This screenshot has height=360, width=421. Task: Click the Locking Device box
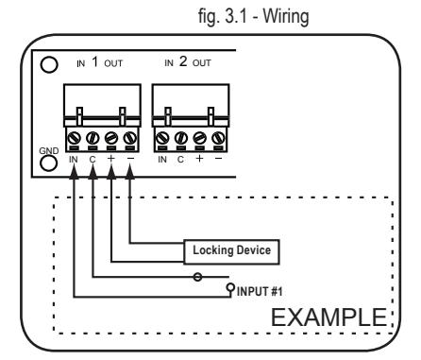[231, 252]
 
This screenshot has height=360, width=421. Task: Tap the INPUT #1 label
[260, 291]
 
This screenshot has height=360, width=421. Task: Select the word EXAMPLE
[328, 317]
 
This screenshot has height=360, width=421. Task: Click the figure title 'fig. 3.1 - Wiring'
[254, 16]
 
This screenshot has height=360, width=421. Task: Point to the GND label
[49, 151]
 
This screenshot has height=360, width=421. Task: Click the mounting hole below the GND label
[49, 163]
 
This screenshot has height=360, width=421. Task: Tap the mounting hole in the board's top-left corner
[49, 64]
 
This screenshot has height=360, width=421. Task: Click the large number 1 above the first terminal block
[94, 61]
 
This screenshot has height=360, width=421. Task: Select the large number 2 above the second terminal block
[183, 61]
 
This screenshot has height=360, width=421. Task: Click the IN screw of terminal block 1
[75, 138]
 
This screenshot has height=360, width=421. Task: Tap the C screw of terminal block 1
[93, 138]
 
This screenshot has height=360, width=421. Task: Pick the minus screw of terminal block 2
[218, 138]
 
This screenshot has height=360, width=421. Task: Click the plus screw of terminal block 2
[200, 138]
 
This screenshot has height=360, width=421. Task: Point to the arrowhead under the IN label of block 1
[74, 172]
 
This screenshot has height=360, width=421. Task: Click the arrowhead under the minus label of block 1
[130, 172]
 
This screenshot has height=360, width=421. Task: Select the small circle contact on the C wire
[197, 277]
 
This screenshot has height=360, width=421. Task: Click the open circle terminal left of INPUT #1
[230, 287]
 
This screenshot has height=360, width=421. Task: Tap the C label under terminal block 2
[180, 160]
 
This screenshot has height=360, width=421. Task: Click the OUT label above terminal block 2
[201, 63]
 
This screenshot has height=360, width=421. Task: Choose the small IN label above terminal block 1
[80, 64]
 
